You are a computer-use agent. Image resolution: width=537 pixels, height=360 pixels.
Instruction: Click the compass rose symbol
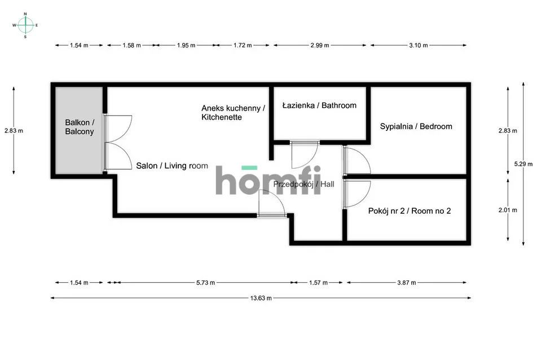[25, 25]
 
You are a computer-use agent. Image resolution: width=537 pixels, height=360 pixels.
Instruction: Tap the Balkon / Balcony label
[80, 127]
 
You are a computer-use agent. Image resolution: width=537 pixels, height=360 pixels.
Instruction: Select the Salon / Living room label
[172, 166]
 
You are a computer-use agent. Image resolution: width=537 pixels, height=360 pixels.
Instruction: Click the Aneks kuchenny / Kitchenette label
[233, 113]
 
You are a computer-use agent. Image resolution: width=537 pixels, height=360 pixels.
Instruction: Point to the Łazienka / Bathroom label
[319, 106]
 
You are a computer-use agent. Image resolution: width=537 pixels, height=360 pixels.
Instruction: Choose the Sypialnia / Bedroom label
[416, 126]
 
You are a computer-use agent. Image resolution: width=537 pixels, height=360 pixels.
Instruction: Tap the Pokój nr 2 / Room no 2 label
[410, 211]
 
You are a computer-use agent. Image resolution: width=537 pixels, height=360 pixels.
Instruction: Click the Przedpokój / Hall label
[304, 185]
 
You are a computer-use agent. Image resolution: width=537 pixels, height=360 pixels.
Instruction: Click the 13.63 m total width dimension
[261, 298]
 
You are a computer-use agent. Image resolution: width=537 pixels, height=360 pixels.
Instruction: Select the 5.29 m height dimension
[523, 164]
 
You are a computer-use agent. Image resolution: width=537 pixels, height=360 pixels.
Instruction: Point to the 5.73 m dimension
[205, 283]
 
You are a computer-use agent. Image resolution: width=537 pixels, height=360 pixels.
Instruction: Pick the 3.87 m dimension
[407, 283]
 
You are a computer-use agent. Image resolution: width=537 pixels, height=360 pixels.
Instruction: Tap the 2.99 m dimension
[320, 45]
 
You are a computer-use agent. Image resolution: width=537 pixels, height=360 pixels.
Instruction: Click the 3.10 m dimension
[419, 45]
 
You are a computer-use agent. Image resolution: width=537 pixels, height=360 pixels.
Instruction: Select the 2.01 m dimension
[508, 210]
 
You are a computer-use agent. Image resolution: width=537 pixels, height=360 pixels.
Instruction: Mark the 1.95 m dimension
[186, 45]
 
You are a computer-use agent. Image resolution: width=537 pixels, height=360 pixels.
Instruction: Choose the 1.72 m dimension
[243, 45]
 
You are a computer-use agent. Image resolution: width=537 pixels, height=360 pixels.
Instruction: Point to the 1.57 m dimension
[319, 283]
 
